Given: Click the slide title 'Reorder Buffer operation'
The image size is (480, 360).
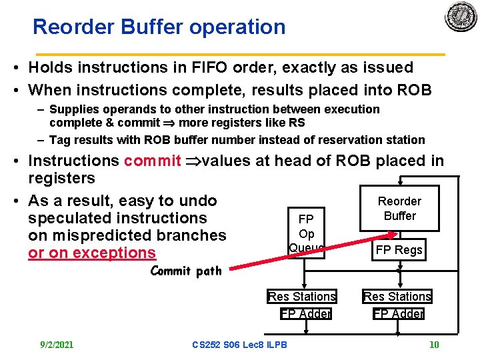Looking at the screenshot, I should pyautogui.click(x=159, y=27).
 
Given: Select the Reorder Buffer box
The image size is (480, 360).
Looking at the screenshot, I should pyautogui.click(x=399, y=208).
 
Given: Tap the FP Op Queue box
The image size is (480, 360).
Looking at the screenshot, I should pyautogui.click(x=306, y=233).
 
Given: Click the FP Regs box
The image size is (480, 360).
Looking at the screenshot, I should pyautogui.click(x=399, y=250).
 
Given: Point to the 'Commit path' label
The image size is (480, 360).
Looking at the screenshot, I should pyautogui.click(x=186, y=271).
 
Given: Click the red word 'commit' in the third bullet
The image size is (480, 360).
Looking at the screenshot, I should pyautogui.click(x=152, y=161).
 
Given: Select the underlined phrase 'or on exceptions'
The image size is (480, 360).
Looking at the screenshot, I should pyautogui.click(x=92, y=253).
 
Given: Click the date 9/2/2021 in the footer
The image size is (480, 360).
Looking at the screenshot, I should pyautogui.click(x=57, y=345).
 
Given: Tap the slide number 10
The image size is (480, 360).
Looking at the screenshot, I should pyautogui.click(x=434, y=345).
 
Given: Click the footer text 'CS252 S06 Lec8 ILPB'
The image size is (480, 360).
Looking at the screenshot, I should pyautogui.click(x=239, y=345).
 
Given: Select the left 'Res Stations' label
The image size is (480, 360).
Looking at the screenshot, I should pyautogui.click(x=302, y=296).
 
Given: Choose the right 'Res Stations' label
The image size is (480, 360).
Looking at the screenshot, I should pyautogui.click(x=397, y=296).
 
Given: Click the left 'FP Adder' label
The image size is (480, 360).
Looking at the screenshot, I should pyautogui.click(x=306, y=313).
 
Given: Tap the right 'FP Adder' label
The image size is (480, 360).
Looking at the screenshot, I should pyautogui.click(x=399, y=313).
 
